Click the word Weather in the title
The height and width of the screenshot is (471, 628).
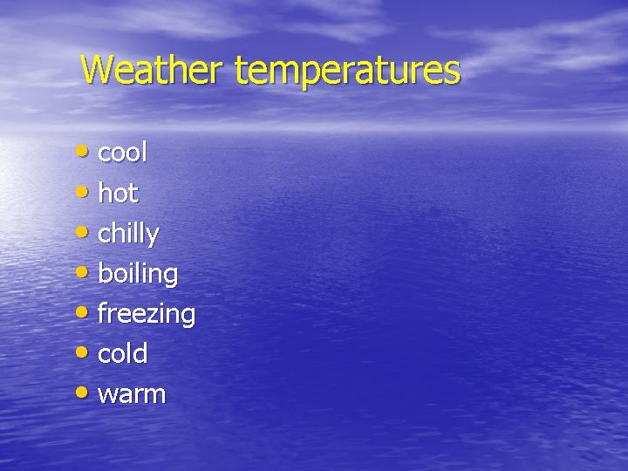[x=154, y=70]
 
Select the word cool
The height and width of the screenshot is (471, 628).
[x=123, y=153]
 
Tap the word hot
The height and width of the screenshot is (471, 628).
[x=119, y=193]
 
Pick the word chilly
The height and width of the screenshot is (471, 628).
[x=128, y=234]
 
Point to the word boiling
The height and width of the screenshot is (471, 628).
[x=138, y=274]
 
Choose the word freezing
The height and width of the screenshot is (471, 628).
[x=147, y=314]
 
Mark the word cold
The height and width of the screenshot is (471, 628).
[x=123, y=353]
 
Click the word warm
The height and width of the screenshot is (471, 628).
[x=132, y=394]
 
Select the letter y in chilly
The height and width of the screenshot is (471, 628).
[x=152, y=236]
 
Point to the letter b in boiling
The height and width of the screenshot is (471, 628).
[x=106, y=272]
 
